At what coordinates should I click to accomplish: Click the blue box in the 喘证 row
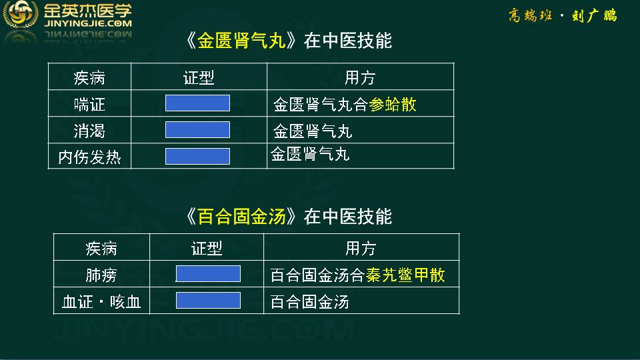pos(197,103)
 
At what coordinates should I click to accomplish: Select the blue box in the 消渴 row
pos(197,130)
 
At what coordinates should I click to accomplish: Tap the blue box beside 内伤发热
pos(197,156)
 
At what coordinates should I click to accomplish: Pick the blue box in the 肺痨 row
pos(208,273)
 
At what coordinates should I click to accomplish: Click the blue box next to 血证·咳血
pos(208,301)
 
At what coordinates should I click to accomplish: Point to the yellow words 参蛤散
pos(392,105)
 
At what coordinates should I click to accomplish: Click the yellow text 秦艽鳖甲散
pos(405,275)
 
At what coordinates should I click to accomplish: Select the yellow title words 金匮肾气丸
pos(241,41)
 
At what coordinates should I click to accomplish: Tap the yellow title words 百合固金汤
pos(241,217)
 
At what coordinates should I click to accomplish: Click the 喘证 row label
pos(89,105)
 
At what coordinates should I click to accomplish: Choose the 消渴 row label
pos(89,131)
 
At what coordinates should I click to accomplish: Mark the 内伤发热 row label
pos(89,157)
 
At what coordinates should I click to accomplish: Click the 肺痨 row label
pos(101,275)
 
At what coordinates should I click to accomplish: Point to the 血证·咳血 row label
pos(101,302)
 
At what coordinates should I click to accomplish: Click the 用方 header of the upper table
pos(359,77)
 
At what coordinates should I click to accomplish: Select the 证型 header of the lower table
pos(207,248)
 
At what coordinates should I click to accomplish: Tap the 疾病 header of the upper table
pos(89,77)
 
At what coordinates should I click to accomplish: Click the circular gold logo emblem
pos(21,14)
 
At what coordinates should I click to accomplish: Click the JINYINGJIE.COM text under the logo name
pos(88,24)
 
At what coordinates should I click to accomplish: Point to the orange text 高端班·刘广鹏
pos(563,16)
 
